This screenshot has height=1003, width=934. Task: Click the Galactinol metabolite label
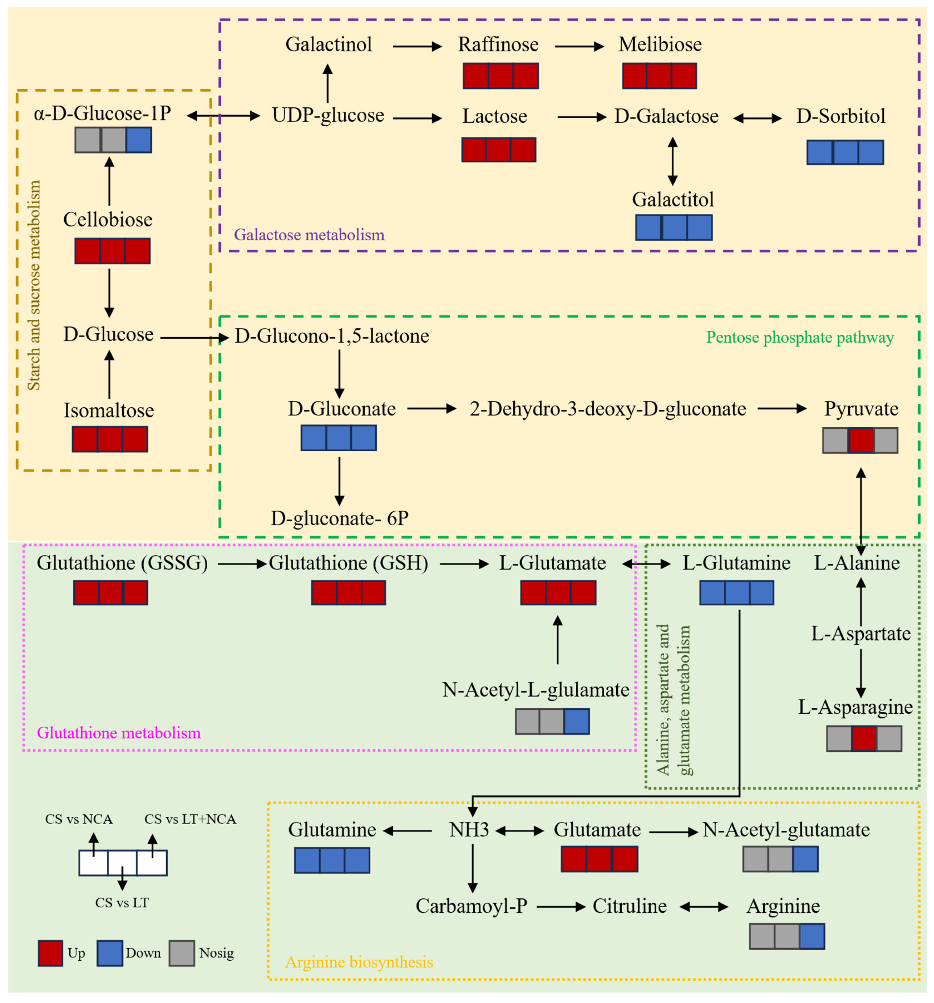[x=328, y=44]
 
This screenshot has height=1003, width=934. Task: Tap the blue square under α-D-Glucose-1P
[x=139, y=140]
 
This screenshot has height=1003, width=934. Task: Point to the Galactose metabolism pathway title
[x=309, y=235]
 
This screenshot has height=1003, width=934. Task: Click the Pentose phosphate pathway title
[x=800, y=337]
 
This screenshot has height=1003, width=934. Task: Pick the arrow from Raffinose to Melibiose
[x=579, y=46]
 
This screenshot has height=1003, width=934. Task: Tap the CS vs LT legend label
[x=122, y=903]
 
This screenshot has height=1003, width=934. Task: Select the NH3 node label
[x=469, y=830]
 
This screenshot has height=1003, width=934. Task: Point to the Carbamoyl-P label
[x=472, y=906]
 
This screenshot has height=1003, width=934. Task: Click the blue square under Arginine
[x=812, y=936]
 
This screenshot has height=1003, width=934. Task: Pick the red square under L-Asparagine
[x=864, y=738]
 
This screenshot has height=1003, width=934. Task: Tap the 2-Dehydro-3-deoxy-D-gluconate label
[x=608, y=409]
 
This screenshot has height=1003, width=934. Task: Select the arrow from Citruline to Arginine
[x=704, y=907]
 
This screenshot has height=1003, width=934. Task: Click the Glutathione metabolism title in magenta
[x=119, y=733]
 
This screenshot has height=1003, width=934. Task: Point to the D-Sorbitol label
[x=841, y=116]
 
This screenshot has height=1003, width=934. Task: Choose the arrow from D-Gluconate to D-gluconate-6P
[x=339, y=481]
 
